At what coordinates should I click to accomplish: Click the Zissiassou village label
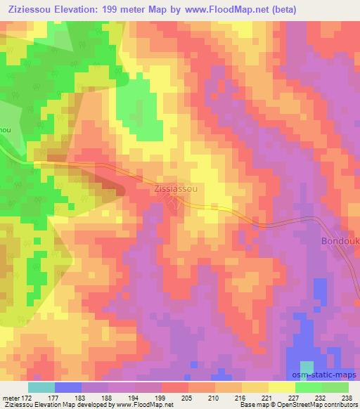click(x=177, y=189)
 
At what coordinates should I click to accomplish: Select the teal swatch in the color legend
click(x=41, y=387)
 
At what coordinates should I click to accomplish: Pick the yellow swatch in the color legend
click(x=282, y=387)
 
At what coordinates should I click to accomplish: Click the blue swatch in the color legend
click(x=68, y=387)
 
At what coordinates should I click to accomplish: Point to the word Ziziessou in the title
click(x=28, y=10)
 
